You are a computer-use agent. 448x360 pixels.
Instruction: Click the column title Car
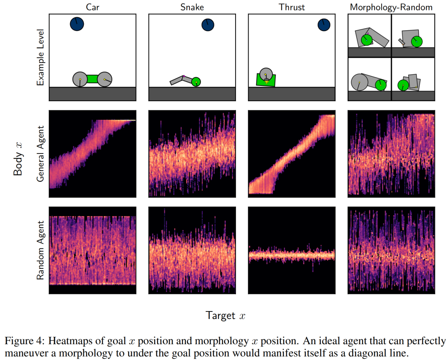pos(93,7)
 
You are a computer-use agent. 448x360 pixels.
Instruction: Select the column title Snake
pos(192,7)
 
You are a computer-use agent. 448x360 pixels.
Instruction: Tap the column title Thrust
pos(292,7)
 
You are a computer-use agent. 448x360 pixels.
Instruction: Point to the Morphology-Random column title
pos(391,7)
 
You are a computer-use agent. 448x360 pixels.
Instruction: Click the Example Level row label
pos(41,57)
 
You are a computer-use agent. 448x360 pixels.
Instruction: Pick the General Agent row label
pos(41,154)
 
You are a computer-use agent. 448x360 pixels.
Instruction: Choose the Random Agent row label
pos(41,250)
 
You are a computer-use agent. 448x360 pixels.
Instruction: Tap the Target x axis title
pos(225,316)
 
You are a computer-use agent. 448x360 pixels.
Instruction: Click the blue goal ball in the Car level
pos(77,24)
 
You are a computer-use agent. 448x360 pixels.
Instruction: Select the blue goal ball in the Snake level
pos(208,25)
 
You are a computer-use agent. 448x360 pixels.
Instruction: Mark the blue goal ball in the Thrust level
pos(324,25)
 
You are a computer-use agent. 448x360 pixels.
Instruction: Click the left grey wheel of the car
pos(80,79)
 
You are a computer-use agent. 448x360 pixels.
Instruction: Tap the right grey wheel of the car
pos(105,79)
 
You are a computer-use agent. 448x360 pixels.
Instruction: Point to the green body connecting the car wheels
pos(92,79)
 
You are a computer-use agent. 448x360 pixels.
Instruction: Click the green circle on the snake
pos(196,82)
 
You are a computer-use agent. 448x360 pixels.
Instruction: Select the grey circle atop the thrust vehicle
pos(266,74)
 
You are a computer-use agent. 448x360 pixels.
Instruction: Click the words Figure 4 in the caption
pos(24,341)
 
